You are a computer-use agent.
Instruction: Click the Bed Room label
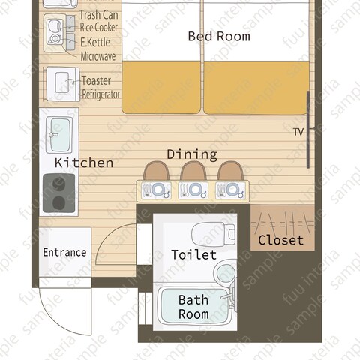click(x=219, y=37)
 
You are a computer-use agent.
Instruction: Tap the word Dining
click(x=192, y=154)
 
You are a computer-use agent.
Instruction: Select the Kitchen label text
click(x=84, y=163)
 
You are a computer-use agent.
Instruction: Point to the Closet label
click(x=281, y=240)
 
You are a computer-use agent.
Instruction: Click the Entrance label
click(x=64, y=252)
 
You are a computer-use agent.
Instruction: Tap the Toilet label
click(x=194, y=255)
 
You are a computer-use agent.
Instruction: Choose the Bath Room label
click(x=193, y=307)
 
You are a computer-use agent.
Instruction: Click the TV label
click(x=298, y=132)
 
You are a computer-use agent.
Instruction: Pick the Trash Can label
click(x=99, y=15)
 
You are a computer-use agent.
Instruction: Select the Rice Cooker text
click(x=98, y=28)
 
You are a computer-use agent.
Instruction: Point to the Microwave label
click(x=98, y=56)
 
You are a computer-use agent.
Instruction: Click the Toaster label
click(x=96, y=80)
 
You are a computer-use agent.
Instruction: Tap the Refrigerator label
click(x=101, y=94)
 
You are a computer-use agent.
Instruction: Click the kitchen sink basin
click(x=60, y=135)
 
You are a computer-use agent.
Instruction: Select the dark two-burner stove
click(x=59, y=193)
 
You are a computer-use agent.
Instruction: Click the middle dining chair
click(x=193, y=171)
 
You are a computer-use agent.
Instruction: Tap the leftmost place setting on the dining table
click(x=156, y=190)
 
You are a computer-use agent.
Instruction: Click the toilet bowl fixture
click(x=213, y=234)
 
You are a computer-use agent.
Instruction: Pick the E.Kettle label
click(x=95, y=42)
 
